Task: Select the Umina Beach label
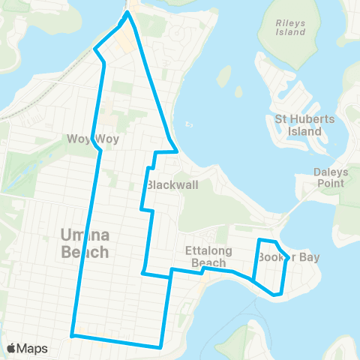[x=84, y=244]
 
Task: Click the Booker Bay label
[x=289, y=257]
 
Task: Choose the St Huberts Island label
[x=298, y=125]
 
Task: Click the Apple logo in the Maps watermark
[x=11, y=349]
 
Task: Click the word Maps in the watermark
[x=32, y=349]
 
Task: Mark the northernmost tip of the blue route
[x=127, y=12]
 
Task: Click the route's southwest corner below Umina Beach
[x=72, y=335]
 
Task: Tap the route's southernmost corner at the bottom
[x=161, y=346]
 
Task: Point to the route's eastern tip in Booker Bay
[x=289, y=259]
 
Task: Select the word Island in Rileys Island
[x=291, y=32]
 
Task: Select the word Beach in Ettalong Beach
[x=208, y=262]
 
